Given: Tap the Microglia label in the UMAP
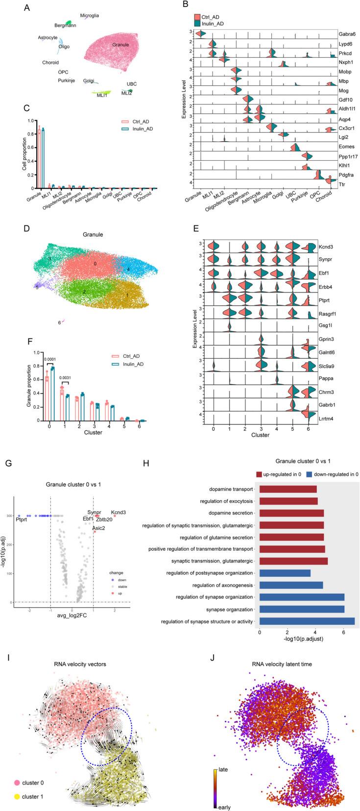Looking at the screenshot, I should coord(90,16).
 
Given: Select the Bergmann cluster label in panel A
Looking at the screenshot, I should coord(65,25).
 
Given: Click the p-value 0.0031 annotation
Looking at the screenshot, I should coord(66,377).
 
